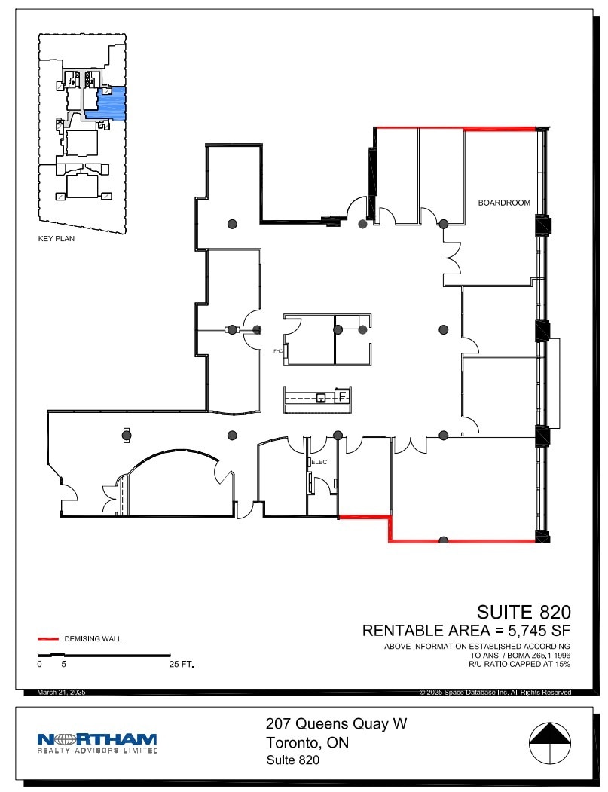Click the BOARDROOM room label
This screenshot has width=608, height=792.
504,203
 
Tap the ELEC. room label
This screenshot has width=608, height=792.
320,462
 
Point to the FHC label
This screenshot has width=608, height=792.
278,350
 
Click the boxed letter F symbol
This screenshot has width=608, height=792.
342,396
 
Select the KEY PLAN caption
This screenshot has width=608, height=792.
57,238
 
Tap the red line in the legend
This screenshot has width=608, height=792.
49,639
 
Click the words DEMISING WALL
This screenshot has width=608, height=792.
93,639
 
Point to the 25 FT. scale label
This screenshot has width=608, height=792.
182,664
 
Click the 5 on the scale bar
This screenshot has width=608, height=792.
63,664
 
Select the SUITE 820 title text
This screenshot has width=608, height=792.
524,612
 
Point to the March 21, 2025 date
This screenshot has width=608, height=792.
61,692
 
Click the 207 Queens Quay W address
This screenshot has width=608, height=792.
336,724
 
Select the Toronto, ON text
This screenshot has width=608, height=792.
307,743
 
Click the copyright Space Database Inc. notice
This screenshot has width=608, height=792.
496,693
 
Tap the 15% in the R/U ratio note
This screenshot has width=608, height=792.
562,664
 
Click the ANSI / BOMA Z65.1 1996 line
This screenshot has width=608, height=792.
520,655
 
